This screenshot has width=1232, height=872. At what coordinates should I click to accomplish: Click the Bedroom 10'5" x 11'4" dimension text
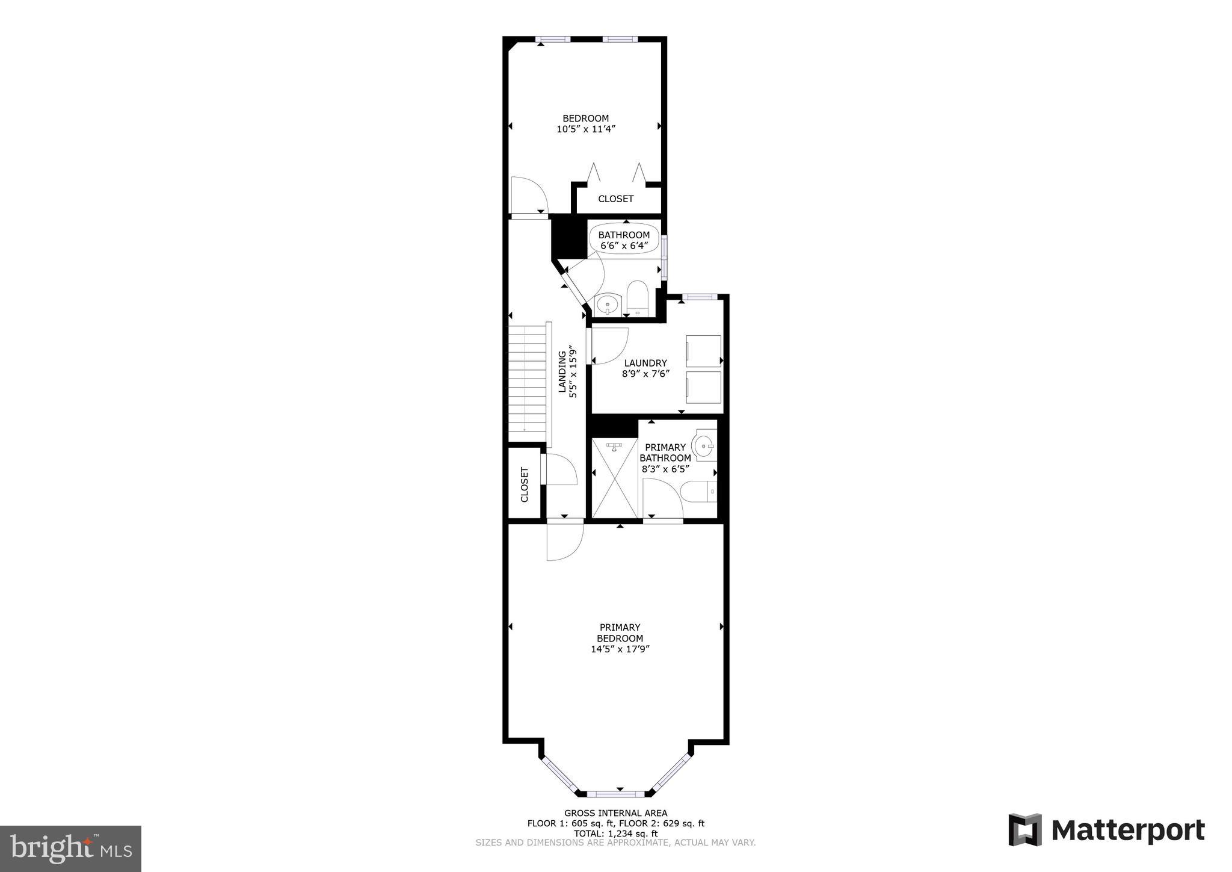point(585,129)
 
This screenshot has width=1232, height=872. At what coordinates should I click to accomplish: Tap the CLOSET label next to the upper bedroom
point(615,199)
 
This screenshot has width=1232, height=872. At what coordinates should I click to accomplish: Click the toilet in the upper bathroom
point(636,298)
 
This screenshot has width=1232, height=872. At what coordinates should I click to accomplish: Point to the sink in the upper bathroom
point(608,305)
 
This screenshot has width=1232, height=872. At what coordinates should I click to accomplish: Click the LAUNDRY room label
point(645,363)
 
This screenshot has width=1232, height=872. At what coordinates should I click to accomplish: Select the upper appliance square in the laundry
point(703,351)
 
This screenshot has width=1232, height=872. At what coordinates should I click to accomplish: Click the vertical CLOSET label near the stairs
point(524,484)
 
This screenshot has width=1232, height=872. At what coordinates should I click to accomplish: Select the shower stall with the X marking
point(614,478)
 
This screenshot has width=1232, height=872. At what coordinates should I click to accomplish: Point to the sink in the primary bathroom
point(704,446)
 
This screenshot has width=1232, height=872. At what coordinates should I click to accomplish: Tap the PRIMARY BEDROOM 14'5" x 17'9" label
point(620,638)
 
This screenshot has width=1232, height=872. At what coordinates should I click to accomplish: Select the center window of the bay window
point(620,794)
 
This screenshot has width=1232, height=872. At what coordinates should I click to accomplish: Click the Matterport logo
point(1106,830)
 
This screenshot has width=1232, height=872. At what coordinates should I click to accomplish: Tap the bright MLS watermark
point(70,849)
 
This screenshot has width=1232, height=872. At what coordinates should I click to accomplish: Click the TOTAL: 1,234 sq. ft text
point(615,833)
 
